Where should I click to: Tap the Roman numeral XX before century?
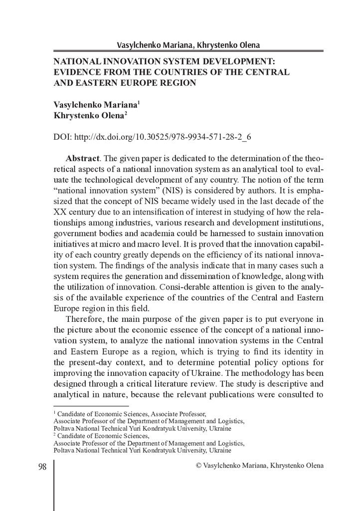tap(59, 213)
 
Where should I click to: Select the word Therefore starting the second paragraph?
tap(86, 319)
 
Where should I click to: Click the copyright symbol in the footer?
tap(199, 466)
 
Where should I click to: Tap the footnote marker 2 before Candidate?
tap(55, 435)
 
